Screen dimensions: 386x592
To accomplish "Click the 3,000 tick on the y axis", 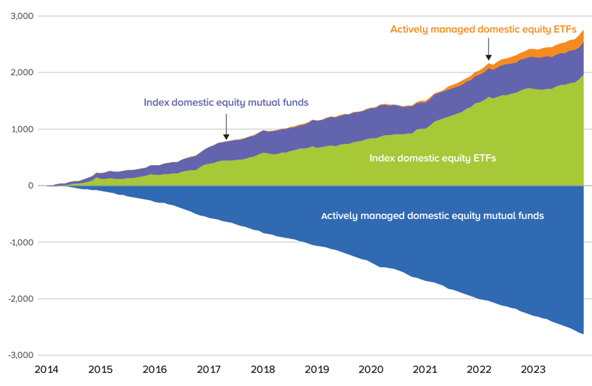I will (22, 16).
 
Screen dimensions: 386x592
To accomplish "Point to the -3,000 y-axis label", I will (21, 356).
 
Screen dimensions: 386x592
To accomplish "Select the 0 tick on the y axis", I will (30, 186).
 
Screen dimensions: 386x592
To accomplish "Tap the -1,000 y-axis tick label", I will (21, 242).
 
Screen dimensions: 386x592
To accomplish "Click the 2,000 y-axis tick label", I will (22, 73).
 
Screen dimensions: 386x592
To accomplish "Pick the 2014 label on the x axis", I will (47, 369).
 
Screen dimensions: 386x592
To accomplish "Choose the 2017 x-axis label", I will (209, 369).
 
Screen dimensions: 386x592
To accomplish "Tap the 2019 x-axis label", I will (318, 369).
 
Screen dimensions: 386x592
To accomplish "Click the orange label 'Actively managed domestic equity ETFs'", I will (483, 29).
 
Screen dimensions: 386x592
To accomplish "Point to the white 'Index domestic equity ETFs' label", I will (433, 158).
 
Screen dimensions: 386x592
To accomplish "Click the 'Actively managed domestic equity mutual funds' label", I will (433, 216).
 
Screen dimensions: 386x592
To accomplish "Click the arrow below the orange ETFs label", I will (488, 49).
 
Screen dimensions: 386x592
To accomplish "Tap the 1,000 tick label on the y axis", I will (22, 129).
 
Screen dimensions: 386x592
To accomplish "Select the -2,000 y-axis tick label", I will (21, 299).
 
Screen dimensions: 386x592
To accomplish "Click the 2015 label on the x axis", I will (101, 369).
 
